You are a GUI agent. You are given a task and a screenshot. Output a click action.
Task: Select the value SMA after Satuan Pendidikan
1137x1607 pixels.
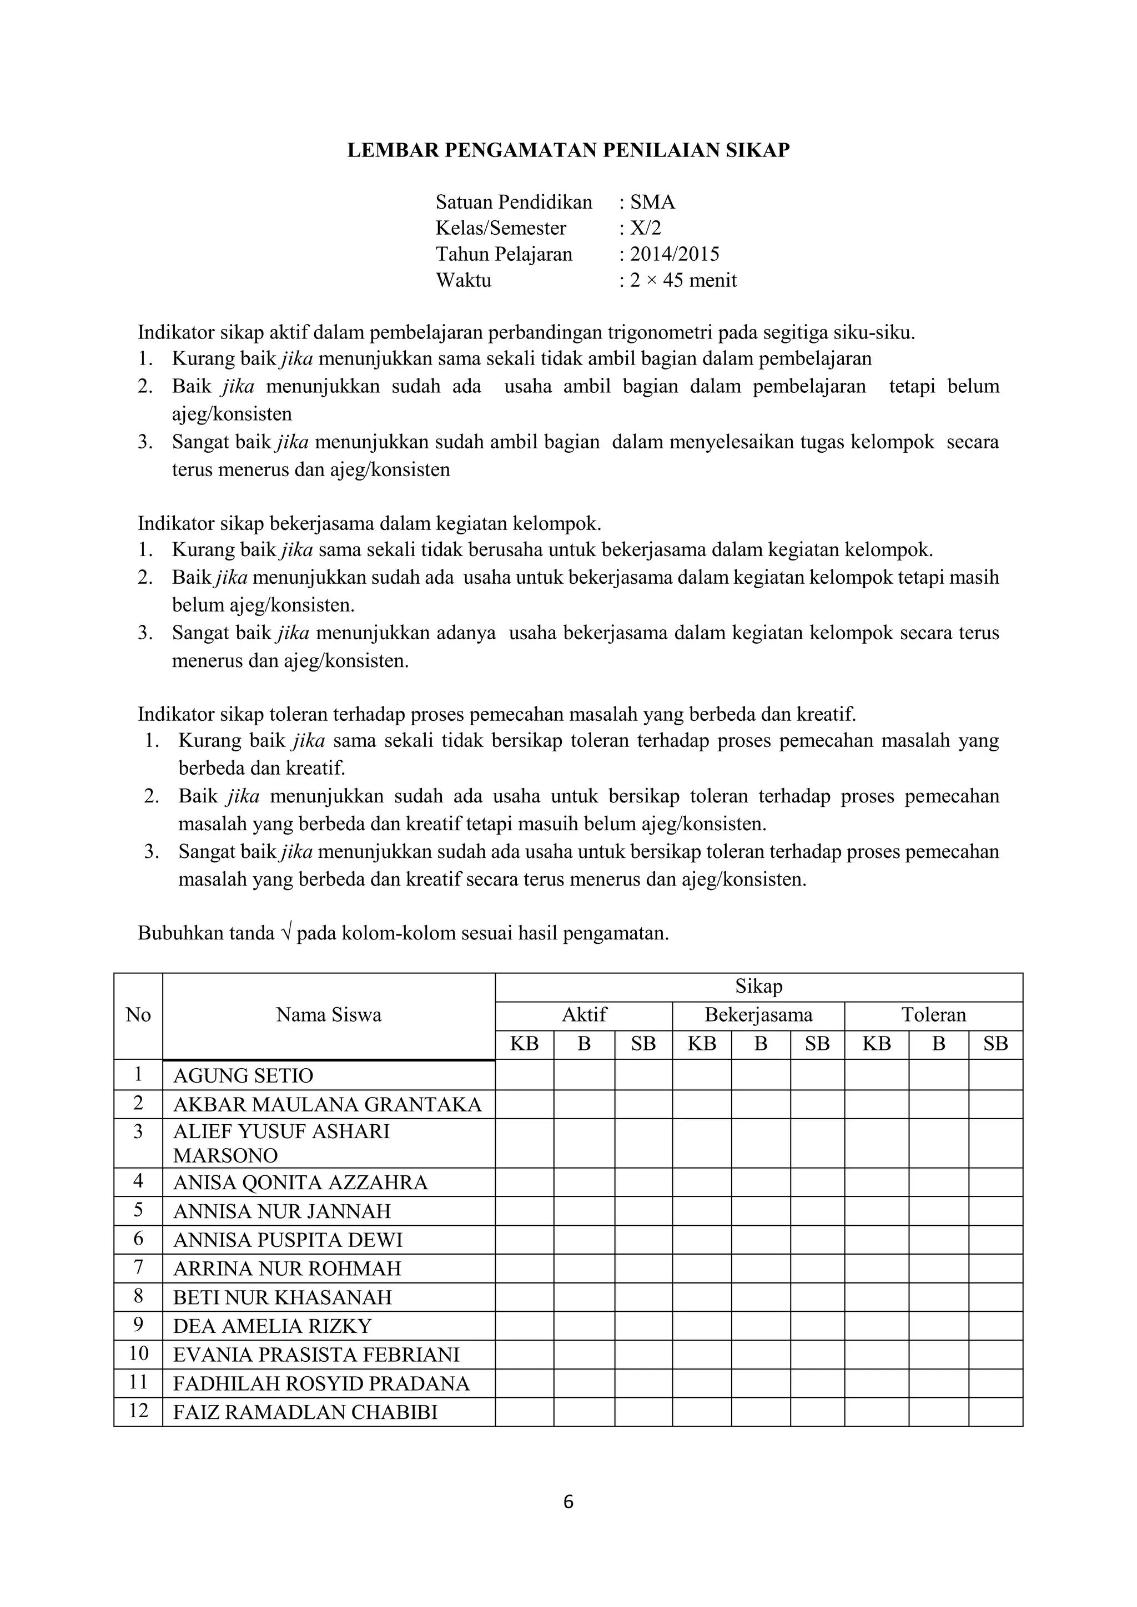tap(652, 203)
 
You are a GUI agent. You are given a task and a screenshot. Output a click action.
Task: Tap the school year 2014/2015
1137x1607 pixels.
tap(674, 254)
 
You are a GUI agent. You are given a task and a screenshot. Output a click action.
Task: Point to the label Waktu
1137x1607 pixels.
tap(464, 281)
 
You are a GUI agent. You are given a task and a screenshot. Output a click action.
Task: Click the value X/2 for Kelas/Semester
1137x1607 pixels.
tap(646, 228)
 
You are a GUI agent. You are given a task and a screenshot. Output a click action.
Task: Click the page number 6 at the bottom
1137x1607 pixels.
tap(568, 1502)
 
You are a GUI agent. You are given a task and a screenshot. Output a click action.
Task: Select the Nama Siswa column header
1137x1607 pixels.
tap(328, 1015)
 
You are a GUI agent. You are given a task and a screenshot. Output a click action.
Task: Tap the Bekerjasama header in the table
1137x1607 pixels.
tap(758, 1015)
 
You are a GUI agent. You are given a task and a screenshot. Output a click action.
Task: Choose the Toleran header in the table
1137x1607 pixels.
tap(933, 1015)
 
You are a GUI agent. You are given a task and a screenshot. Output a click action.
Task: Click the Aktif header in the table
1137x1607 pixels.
tap(584, 1015)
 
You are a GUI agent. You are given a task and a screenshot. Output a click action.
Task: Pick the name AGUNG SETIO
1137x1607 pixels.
tap(243, 1075)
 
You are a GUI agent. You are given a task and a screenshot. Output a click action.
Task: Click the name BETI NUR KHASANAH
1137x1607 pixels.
tap(282, 1297)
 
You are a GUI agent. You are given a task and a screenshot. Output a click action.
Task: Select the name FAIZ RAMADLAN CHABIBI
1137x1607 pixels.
tap(305, 1412)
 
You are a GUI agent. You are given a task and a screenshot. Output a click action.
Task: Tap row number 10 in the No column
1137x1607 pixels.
tap(139, 1353)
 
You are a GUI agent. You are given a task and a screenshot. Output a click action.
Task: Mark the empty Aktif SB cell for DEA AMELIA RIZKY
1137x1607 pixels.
tap(643, 1326)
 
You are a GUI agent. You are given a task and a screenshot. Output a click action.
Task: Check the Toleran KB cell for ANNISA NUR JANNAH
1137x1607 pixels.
tap(877, 1211)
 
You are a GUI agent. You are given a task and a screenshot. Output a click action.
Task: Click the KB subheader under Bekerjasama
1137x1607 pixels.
tap(702, 1044)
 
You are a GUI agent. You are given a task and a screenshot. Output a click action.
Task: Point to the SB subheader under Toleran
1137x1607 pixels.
tap(995, 1044)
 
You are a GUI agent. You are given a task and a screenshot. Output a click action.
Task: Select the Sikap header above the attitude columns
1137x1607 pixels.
tap(758, 987)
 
